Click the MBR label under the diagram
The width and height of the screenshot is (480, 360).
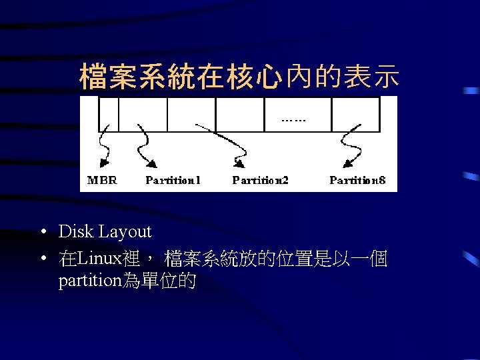click(102, 180)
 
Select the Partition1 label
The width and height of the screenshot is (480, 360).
click(173, 180)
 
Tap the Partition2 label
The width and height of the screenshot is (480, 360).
click(260, 180)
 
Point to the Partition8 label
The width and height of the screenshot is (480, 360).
click(357, 180)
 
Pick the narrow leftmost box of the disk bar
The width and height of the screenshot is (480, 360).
click(109, 114)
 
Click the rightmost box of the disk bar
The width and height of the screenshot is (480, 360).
click(355, 114)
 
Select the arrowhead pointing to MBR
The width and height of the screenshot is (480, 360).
click(103, 163)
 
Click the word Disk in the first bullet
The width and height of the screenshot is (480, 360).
click(76, 232)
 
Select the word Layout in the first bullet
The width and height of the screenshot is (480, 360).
click(125, 233)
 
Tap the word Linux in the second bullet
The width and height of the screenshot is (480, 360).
click(99, 258)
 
